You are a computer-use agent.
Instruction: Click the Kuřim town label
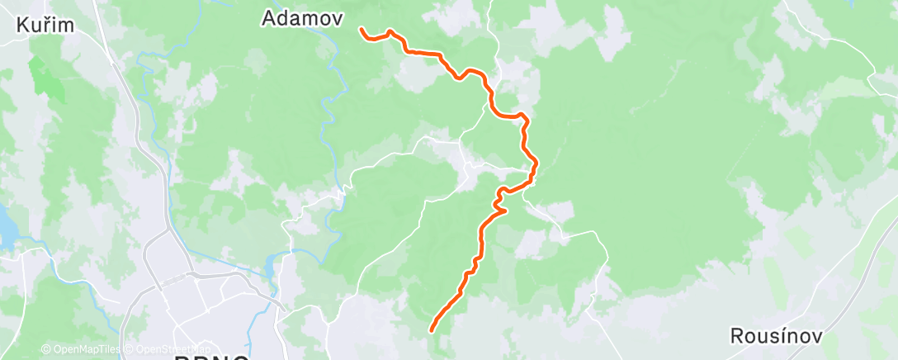click(45, 26)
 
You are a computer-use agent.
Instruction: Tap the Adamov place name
click(303, 17)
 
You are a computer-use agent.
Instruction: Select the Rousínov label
click(774, 336)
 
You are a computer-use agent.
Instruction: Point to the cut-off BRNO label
click(210, 356)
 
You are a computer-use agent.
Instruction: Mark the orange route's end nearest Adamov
click(362, 30)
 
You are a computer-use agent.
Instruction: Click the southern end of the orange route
click(432, 331)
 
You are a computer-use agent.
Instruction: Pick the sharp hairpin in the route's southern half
click(503, 209)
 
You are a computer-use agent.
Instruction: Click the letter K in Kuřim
click(21, 26)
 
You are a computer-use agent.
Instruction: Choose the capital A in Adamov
click(269, 17)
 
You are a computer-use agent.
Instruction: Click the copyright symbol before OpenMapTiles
click(45, 349)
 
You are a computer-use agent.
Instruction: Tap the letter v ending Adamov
click(338, 17)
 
